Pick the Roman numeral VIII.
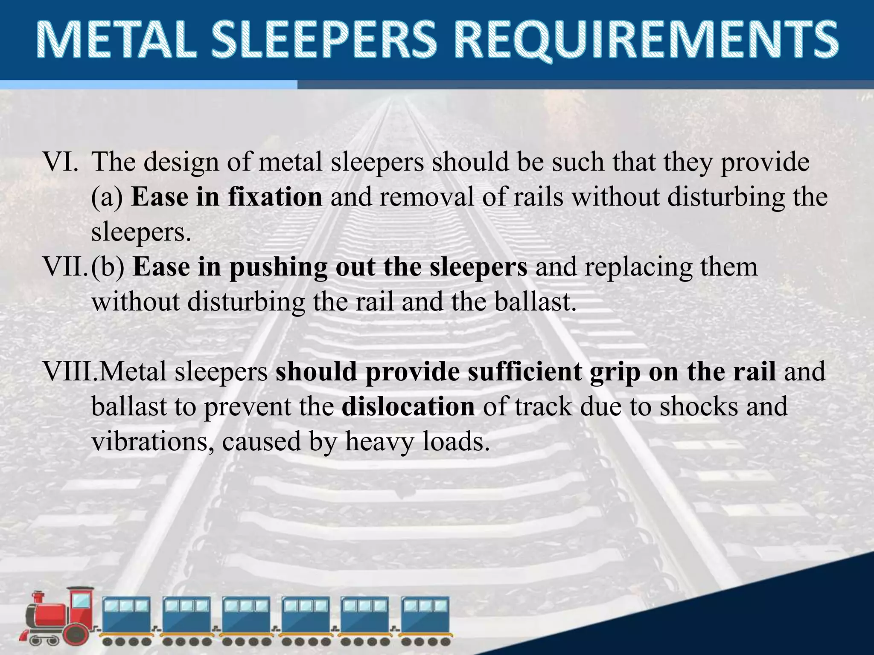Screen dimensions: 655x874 coord(70,372)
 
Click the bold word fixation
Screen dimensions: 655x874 coord(275,197)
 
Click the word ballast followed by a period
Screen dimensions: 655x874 coord(535,302)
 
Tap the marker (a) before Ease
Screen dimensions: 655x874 coord(107,198)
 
